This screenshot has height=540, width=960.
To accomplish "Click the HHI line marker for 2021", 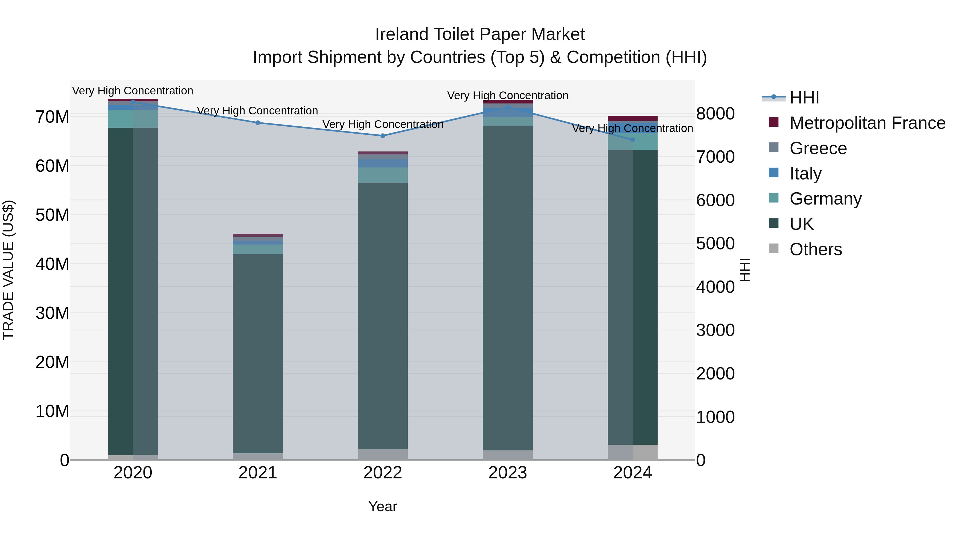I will click(x=258, y=123).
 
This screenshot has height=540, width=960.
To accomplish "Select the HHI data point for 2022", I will click(x=383, y=136).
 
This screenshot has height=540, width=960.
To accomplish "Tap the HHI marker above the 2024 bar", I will click(x=633, y=140).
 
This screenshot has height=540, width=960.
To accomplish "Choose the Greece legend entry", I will click(x=818, y=148).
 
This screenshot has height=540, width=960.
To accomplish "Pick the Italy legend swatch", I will click(x=774, y=173).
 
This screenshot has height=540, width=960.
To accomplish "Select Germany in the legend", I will click(x=825, y=199).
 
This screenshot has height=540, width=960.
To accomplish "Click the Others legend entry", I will click(x=815, y=249).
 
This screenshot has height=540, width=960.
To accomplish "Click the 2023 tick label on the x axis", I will click(x=507, y=473).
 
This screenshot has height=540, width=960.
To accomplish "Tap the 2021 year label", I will click(x=258, y=473).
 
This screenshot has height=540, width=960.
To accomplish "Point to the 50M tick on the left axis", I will click(x=52, y=215).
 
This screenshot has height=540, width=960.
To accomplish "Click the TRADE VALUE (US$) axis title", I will click(x=8, y=270).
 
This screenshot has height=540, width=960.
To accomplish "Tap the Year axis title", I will click(x=383, y=506).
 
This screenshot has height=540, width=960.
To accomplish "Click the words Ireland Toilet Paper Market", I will click(x=480, y=34).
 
